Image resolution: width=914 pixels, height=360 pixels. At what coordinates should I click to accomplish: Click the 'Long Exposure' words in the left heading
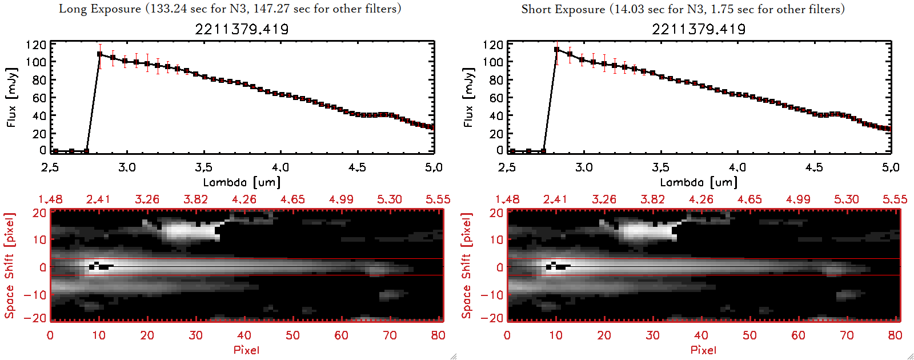[x=100, y=9]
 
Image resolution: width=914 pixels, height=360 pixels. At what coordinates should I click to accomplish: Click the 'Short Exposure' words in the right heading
[x=563, y=9]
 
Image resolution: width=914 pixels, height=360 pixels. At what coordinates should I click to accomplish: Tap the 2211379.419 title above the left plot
[x=242, y=29]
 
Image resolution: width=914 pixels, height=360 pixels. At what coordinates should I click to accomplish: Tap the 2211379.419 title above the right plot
[x=699, y=29]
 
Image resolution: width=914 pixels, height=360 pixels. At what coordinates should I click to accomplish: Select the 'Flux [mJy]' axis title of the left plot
[x=11, y=97]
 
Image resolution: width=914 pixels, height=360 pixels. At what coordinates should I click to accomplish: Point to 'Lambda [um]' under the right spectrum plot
[x=699, y=182]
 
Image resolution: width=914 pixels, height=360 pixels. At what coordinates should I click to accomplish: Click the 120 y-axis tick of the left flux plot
[x=35, y=45]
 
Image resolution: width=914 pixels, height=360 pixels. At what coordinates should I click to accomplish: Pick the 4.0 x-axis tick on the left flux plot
[x=280, y=167]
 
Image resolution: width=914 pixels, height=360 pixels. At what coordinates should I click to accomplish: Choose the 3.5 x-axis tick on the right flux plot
[x=660, y=167]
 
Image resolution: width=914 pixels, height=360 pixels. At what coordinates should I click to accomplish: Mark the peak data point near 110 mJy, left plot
[x=99, y=54]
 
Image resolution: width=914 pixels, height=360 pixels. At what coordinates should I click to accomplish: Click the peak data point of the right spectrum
[x=556, y=50]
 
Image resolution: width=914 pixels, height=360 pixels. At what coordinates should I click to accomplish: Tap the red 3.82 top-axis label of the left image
[x=195, y=199]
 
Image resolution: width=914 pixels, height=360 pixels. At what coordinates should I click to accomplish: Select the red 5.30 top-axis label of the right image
[x=846, y=199]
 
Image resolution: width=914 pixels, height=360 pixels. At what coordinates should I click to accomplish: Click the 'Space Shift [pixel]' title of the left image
[x=9, y=266]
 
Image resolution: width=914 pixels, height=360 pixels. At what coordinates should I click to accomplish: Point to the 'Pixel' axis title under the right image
[x=703, y=350]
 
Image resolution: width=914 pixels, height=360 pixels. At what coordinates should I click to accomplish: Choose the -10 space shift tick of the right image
[x=492, y=295]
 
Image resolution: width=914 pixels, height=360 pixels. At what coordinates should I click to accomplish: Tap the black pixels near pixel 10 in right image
[x=557, y=266]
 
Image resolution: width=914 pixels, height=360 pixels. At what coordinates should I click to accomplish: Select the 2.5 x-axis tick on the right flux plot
[x=507, y=167]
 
